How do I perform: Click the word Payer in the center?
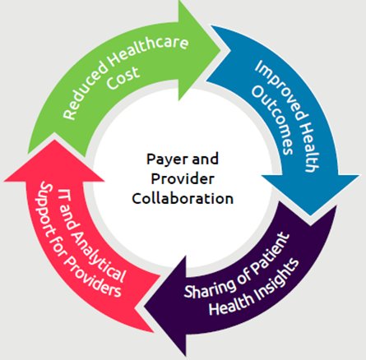[x=168, y=159]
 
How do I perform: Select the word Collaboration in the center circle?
[x=183, y=198]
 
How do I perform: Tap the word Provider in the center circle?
[x=183, y=179]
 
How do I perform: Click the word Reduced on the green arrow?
[x=85, y=93]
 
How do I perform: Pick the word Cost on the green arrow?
[x=123, y=78]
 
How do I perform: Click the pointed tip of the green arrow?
[x=221, y=50]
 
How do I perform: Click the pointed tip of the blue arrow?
[x=311, y=215]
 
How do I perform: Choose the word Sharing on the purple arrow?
[x=210, y=288]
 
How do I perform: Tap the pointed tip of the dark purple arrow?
[x=145, y=307]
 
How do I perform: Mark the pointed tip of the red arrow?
[x=54, y=140]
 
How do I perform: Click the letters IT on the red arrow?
[x=65, y=194]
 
